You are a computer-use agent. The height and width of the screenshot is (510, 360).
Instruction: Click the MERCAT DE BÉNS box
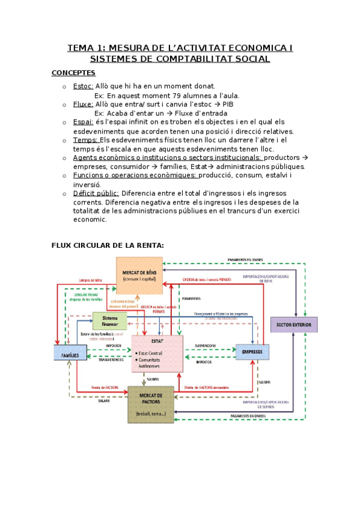pyautogui.click(x=139, y=275)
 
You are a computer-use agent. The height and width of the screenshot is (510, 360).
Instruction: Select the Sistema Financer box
pyautogui.click(x=109, y=321)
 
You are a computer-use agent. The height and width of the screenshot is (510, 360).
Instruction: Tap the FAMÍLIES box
pyautogui.click(x=70, y=355)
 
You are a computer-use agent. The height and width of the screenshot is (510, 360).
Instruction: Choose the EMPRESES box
pyautogui.click(x=252, y=351)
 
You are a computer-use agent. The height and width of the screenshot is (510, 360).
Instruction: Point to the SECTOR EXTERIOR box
pyautogui.click(x=293, y=325)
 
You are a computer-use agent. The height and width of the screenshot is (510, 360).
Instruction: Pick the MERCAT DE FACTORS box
pyautogui.click(x=150, y=404)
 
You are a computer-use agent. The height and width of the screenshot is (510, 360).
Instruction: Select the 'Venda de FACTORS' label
pyautogui.click(x=105, y=387)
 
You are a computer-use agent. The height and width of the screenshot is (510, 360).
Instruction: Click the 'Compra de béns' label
pyautogui.click(x=90, y=280)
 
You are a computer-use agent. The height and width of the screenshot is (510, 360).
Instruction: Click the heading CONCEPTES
pyautogui.click(x=73, y=73)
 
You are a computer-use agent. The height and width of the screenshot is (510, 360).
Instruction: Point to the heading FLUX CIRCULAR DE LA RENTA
pyautogui.click(x=108, y=245)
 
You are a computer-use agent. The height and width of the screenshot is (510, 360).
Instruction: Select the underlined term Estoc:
pyautogui.click(x=83, y=86)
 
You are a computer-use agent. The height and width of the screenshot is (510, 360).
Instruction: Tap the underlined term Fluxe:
pyautogui.click(x=83, y=104)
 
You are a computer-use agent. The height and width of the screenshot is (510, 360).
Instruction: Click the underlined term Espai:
pyautogui.click(x=83, y=121)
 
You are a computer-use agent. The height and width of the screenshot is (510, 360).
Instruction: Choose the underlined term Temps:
pyautogui.click(x=85, y=140)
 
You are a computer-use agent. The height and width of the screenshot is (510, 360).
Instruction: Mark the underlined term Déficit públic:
pyautogui.click(x=96, y=193)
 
